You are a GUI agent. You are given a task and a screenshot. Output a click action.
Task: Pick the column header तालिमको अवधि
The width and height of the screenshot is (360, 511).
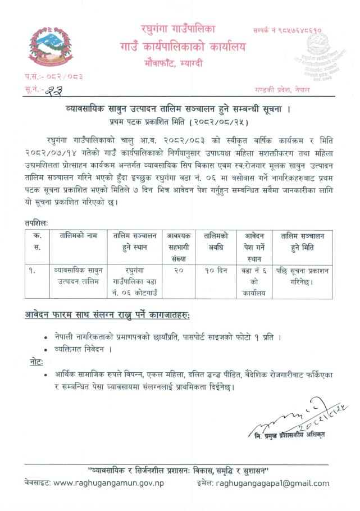click(216, 242)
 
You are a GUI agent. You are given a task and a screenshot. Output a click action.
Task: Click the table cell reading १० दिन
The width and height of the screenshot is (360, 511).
click(216, 271)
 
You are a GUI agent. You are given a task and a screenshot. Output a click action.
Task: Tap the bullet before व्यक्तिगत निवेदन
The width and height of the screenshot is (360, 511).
click(45, 350)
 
